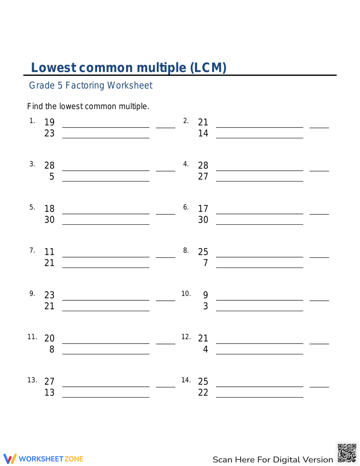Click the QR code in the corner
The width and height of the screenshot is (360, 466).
(x=347, y=453)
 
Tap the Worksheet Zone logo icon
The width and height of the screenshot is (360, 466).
(x=10, y=458)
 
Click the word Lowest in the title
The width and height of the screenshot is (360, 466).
(x=54, y=68)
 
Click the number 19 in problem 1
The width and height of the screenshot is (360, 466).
(x=49, y=122)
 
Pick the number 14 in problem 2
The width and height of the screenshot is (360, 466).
(x=203, y=133)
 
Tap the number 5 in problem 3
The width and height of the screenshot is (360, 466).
(x=52, y=176)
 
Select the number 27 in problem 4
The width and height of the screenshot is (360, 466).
(x=203, y=176)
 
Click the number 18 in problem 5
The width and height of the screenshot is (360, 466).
(x=49, y=209)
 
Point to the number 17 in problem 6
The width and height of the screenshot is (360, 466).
(x=203, y=209)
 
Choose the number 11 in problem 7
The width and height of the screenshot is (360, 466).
(x=49, y=252)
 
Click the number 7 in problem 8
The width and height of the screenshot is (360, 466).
(x=206, y=263)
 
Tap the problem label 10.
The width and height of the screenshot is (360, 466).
(x=186, y=294)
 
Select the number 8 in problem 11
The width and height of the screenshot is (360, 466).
(x=52, y=349)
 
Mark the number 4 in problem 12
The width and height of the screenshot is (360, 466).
(x=206, y=349)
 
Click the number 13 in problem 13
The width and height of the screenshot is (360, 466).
(x=49, y=393)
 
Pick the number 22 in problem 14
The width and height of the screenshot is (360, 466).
(x=203, y=393)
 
